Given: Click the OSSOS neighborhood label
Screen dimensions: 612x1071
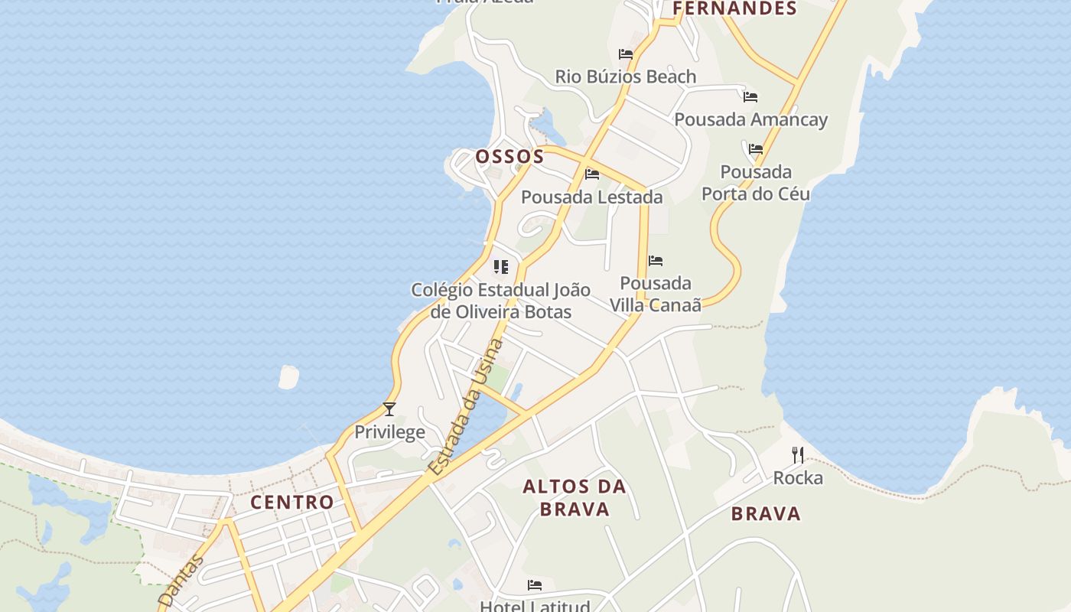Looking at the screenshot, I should pyautogui.click(x=509, y=157).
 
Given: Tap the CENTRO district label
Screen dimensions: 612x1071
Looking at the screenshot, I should pyautogui.click(x=292, y=503).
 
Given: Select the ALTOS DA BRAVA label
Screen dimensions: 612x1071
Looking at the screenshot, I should pyautogui.click(x=575, y=498).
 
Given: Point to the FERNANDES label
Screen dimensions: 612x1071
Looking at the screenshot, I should pyautogui.click(x=734, y=8).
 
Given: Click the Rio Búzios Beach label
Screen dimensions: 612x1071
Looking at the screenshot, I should pyautogui.click(x=625, y=76).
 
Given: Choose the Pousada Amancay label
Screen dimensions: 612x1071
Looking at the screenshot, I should pyautogui.click(x=750, y=119).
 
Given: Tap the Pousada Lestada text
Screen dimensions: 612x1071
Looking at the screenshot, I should pyautogui.click(x=591, y=197).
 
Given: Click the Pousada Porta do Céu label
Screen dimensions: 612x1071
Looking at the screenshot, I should pyautogui.click(x=756, y=183).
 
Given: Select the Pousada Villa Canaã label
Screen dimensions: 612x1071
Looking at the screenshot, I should pyautogui.click(x=656, y=294).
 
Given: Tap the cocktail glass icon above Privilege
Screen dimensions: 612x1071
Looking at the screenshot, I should pyautogui.click(x=389, y=409).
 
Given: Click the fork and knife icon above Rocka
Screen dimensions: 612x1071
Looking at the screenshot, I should pyautogui.click(x=798, y=455).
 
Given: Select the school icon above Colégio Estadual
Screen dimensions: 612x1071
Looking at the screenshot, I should pyautogui.click(x=501, y=267).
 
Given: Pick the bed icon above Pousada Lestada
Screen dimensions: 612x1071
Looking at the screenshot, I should pyautogui.click(x=591, y=174).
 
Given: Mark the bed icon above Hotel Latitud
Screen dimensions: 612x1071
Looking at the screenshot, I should pyautogui.click(x=535, y=585).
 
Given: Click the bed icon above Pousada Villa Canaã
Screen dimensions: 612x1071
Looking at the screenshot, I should pyautogui.click(x=656, y=261).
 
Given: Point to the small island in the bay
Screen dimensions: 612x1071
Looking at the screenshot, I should pyautogui.click(x=288, y=376).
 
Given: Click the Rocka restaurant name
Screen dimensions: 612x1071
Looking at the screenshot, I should pyautogui.click(x=798, y=478).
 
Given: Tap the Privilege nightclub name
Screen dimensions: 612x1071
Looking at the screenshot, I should pyautogui.click(x=389, y=432).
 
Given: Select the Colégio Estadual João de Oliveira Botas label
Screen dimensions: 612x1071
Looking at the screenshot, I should pyautogui.click(x=501, y=301).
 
